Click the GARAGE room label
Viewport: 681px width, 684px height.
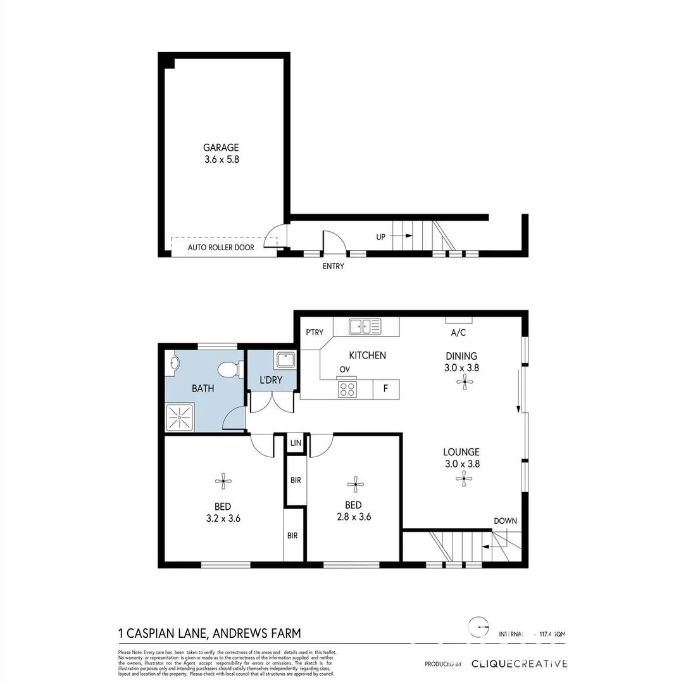(x=221, y=148)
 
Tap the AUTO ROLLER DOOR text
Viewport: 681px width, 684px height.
(x=221, y=247)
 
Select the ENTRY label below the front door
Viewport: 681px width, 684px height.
(x=333, y=266)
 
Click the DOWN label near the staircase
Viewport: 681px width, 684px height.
(x=505, y=521)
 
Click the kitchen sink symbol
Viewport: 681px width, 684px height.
(x=366, y=327)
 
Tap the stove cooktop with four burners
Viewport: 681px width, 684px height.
(x=347, y=388)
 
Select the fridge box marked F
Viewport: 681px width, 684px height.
(x=385, y=389)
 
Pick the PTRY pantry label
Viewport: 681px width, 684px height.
(x=315, y=332)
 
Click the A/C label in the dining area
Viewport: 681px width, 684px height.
(x=458, y=332)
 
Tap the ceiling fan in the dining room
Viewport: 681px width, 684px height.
(x=465, y=381)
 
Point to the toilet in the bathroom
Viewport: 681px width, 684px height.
(x=228, y=369)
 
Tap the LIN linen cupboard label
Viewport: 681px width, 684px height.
(x=295, y=443)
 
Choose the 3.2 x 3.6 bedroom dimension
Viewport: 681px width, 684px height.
(x=222, y=517)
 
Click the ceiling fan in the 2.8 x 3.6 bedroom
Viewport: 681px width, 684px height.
(x=355, y=484)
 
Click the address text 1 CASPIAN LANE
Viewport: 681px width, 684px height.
(x=163, y=632)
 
